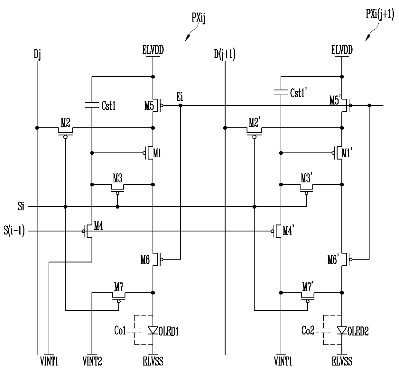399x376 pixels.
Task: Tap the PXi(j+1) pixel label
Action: coord(380,14)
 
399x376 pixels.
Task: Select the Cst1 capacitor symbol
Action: coord(92,105)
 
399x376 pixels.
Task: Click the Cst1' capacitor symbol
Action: coord(281,92)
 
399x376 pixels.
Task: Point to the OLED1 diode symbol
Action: coord(153,330)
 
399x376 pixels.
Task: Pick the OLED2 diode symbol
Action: coord(342,330)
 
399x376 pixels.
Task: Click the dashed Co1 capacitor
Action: coord(135,330)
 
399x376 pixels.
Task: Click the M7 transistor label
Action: coord(119,287)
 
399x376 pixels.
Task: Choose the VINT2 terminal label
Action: coord(92,361)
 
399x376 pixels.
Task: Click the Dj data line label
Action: coord(37,54)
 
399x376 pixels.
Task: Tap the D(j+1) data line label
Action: coord(225,54)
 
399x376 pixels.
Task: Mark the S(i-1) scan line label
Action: coord(14,231)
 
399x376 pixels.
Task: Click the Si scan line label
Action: coord(21,206)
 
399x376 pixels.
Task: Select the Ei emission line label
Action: coord(180,96)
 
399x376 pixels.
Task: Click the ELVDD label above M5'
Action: coord(342,50)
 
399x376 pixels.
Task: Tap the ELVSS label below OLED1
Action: coord(153,361)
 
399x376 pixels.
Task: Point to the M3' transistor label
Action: coord(306,178)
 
